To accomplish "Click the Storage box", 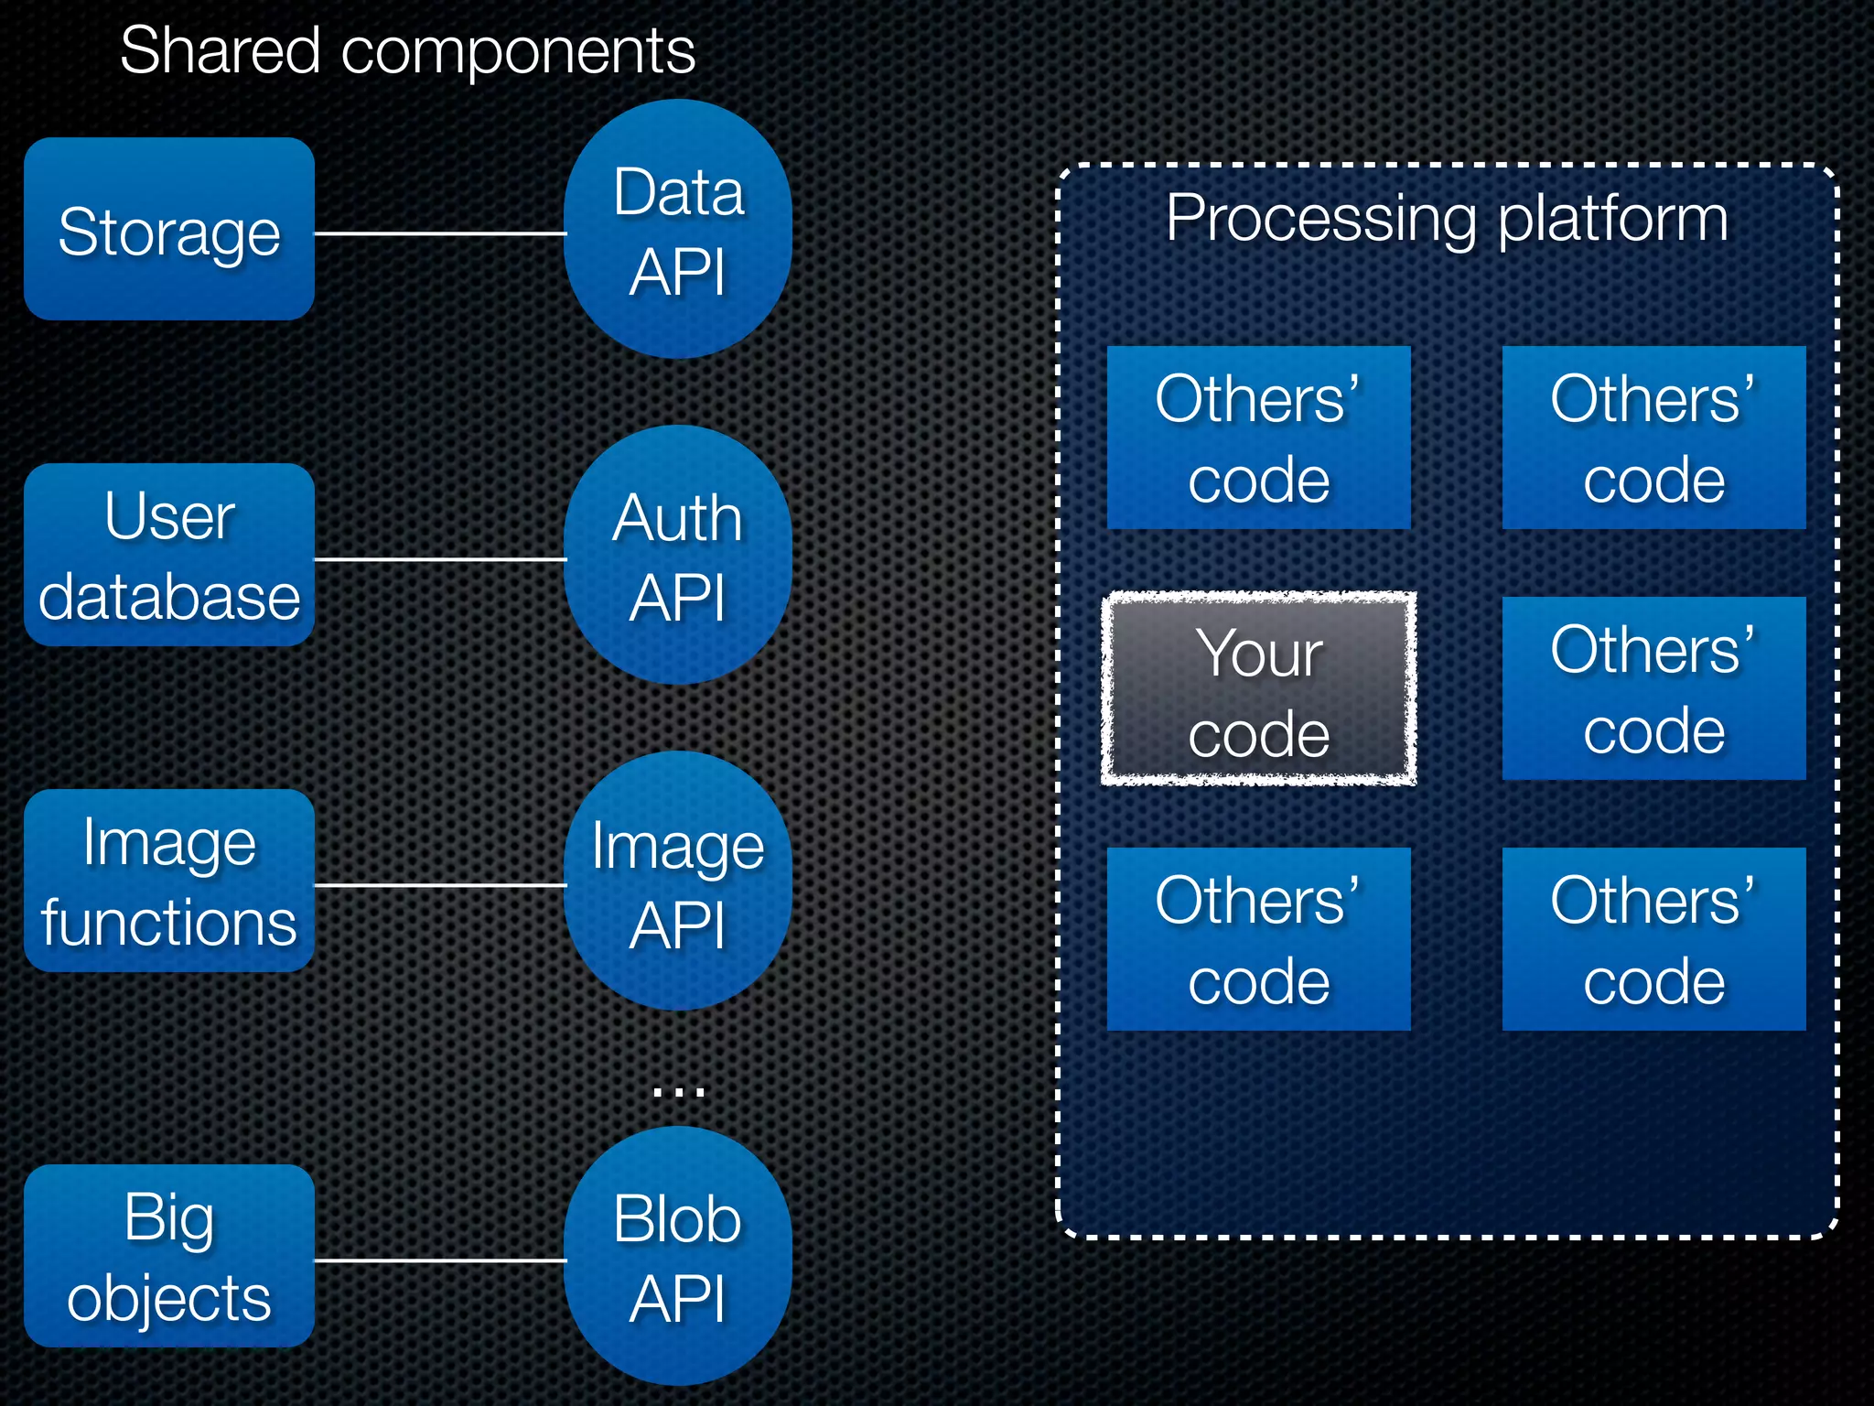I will tap(169, 229).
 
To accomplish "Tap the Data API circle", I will tap(677, 229).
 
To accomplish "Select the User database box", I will tap(169, 555).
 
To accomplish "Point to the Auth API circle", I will tap(677, 555).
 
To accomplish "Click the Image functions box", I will tap(169, 881).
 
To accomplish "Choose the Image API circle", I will tap(677, 881).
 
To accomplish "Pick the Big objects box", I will tap(169, 1256).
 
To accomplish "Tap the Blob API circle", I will tap(677, 1256).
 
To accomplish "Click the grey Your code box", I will tap(1258, 688).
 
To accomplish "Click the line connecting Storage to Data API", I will tap(439, 233).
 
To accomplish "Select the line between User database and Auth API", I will tap(439, 558).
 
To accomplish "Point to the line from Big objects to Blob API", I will tap(439, 1260).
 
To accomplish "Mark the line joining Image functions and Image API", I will tap(439, 885).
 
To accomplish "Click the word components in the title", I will tap(518, 53).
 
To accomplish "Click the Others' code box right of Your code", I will tap(1653, 688).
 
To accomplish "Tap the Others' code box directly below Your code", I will tap(1258, 939).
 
